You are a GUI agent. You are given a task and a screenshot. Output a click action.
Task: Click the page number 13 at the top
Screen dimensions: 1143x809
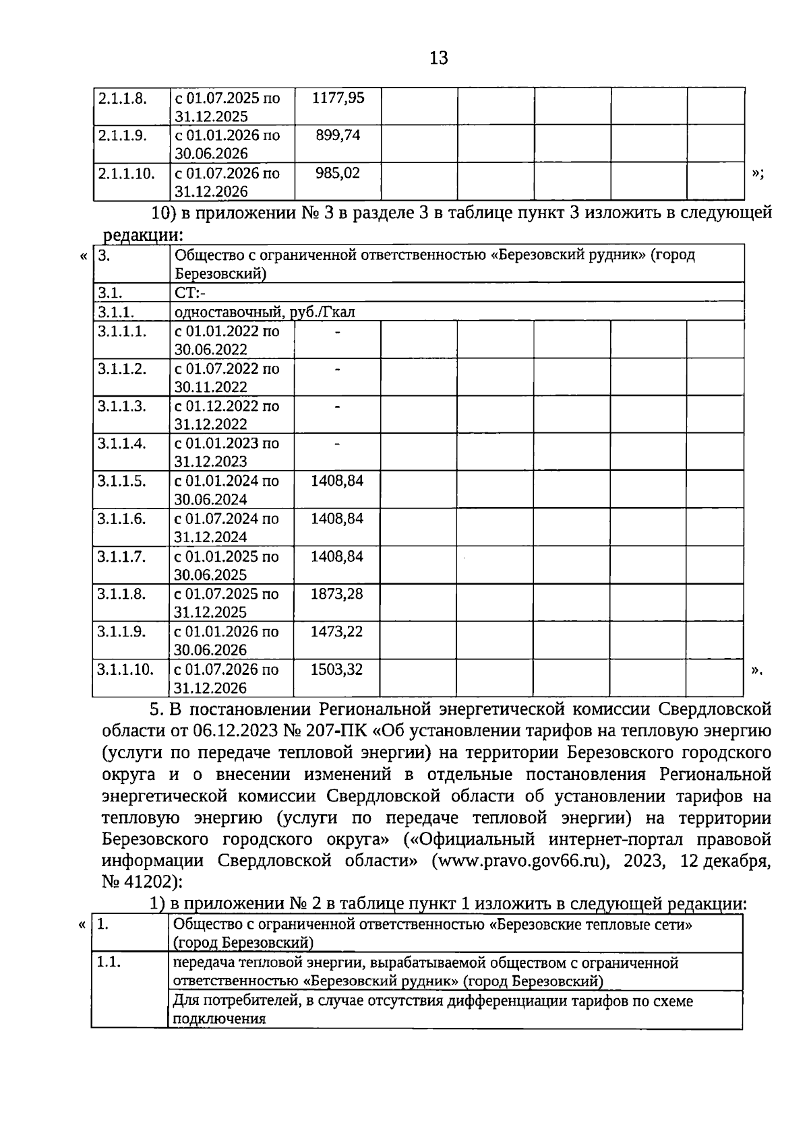coord(438,59)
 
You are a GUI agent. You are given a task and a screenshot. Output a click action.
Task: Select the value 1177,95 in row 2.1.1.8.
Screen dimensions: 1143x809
coord(338,98)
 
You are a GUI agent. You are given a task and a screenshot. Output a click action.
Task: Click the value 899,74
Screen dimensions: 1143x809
coord(338,135)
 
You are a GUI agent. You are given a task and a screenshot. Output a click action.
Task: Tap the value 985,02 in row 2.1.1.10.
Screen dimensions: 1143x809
coord(338,173)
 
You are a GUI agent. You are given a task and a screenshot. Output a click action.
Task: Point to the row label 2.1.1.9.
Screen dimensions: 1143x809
coord(122,135)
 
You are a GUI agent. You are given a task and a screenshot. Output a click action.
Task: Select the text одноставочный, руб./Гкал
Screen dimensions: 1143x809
coord(264,312)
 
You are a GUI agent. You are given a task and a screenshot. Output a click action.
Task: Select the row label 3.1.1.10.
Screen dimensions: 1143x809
coord(125,670)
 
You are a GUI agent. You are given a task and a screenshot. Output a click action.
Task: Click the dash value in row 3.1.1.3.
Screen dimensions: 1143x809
coord(337,406)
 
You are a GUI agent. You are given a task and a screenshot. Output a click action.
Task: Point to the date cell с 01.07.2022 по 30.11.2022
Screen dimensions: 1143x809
coord(227,378)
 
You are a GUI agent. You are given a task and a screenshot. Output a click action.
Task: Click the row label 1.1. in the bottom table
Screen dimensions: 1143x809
coord(109,962)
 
